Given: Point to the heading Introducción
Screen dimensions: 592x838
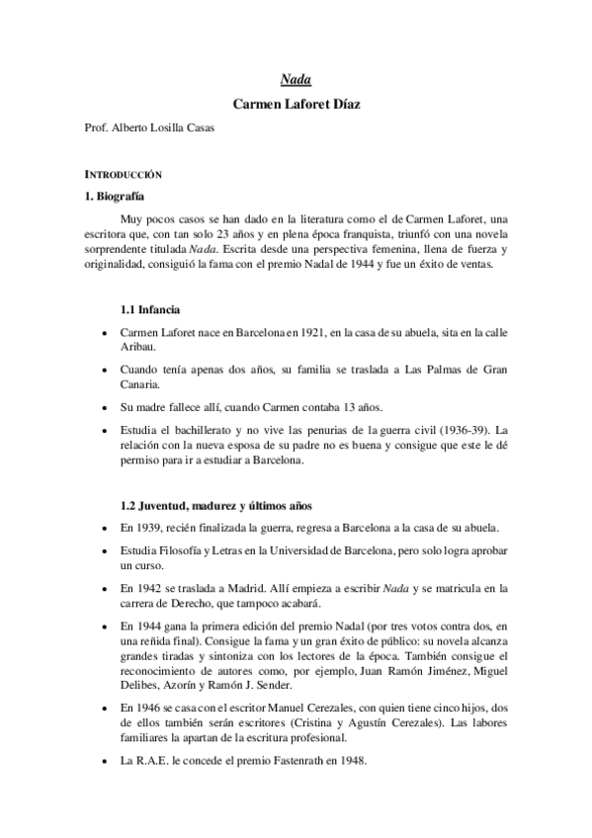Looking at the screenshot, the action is [124, 173].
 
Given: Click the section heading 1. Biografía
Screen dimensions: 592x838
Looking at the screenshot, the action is [115, 196].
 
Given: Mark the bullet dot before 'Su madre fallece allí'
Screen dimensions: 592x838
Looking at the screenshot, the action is [104, 407].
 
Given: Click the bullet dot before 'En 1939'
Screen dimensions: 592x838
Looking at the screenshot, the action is [104, 528].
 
